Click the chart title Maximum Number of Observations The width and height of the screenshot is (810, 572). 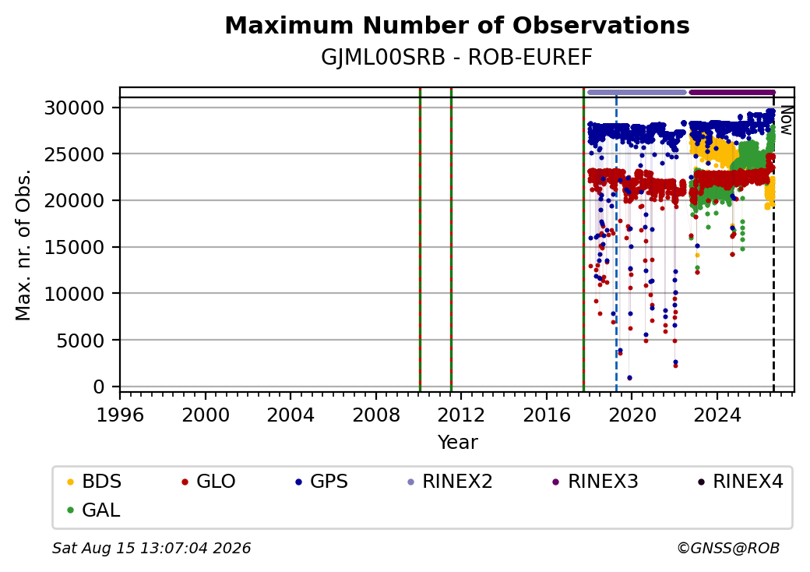457,25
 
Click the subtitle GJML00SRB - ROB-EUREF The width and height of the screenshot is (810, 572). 456,58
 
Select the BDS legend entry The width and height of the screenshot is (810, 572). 94,482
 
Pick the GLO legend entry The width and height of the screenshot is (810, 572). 209,482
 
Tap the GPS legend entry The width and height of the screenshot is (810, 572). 322,482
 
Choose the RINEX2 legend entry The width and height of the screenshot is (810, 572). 450,482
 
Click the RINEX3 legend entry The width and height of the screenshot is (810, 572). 596,482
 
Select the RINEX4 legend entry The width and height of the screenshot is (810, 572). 741,482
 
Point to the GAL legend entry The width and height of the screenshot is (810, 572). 93,510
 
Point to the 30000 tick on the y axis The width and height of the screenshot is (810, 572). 75,108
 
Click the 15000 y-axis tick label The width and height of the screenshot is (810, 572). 75,247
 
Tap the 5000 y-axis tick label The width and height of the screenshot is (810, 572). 80,340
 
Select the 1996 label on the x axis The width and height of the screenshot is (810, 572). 121,415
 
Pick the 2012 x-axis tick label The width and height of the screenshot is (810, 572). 461,415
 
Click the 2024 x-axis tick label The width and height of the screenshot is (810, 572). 717,415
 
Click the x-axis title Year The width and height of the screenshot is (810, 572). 458,443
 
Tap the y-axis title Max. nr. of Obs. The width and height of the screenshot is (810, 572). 23,245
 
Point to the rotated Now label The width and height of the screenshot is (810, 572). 786,120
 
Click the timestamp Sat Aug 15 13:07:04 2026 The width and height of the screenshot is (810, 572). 151,548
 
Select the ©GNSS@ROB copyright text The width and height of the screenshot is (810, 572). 728,548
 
